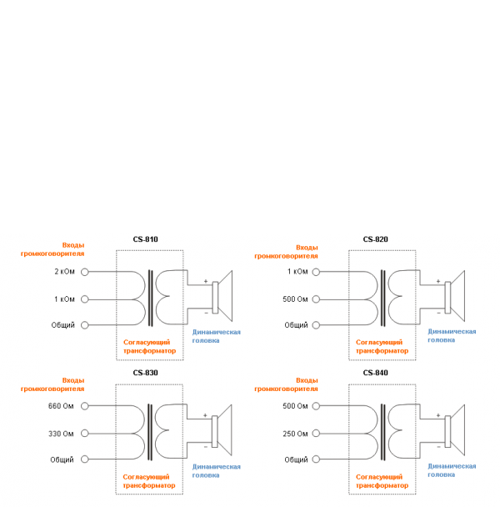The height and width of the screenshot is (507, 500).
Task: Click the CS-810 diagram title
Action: (x=145, y=239)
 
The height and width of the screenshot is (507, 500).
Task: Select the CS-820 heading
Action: (x=375, y=239)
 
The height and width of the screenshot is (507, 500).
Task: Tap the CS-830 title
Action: (x=145, y=373)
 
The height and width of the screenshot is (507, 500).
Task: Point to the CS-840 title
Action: (x=375, y=373)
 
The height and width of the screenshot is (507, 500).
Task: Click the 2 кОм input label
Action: (x=64, y=272)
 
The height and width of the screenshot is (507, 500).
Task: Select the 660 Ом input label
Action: (x=62, y=406)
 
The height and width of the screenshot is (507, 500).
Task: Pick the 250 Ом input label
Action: (x=295, y=433)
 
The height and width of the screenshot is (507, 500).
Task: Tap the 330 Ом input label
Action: (x=62, y=433)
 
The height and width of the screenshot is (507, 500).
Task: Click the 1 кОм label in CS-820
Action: (x=297, y=272)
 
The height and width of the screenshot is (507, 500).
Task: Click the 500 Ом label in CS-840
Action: (x=295, y=406)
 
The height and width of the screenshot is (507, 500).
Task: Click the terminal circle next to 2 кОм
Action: (x=83, y=272)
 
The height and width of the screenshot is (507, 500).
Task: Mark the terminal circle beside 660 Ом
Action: (x=83, y=406)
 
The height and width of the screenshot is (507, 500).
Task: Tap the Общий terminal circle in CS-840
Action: (x=316, y=459)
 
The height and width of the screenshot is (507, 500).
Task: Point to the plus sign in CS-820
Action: (x=438, y=281)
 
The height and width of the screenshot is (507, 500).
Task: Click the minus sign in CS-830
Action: (x=205, y=447)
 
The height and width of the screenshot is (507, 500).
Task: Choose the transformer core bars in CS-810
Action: (x=150, y=298)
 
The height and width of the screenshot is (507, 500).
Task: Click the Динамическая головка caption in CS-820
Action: (x=452, y=335)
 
